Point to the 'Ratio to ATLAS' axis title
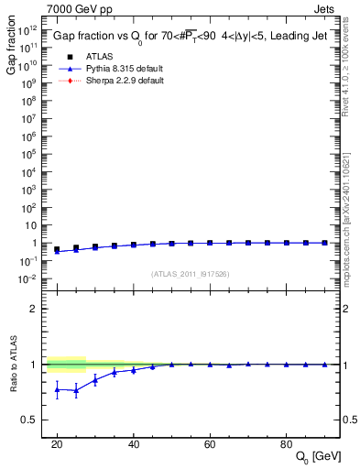click(12, 365)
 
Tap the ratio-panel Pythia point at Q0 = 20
click(57, 389)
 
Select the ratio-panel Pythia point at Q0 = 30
click(95, 379)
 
